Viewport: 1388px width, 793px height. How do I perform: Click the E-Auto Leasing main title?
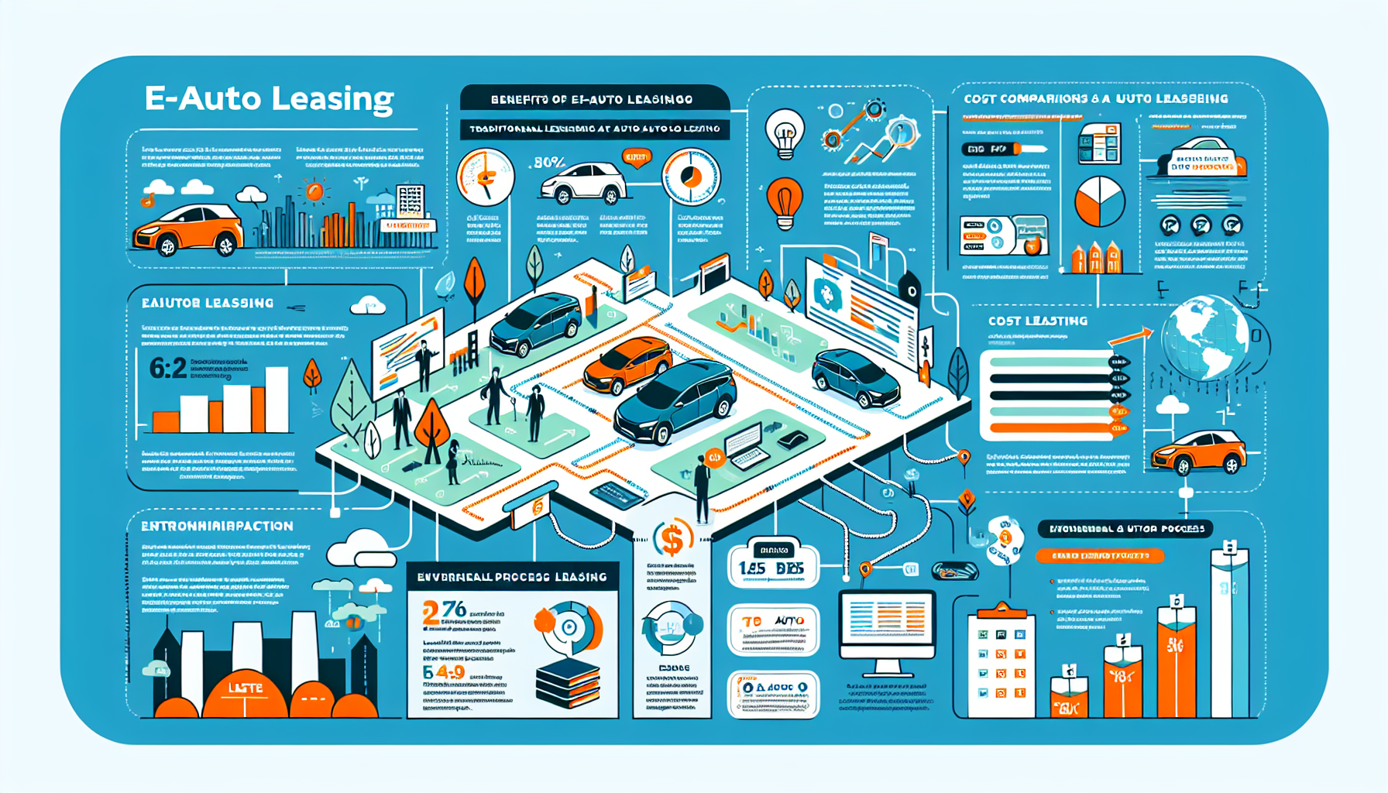tap(269, 99)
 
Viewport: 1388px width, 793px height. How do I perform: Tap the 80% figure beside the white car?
tap(549, 163)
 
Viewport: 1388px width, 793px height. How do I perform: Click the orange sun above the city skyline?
tap(314, 191)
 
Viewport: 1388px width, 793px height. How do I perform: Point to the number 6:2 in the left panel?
tap(168, 368)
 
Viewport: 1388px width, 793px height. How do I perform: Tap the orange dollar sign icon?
tap(672, 538)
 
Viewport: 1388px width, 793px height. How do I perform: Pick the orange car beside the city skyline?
tap(188, 230)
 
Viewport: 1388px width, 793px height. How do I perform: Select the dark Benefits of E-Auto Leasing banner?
tap(593, 99)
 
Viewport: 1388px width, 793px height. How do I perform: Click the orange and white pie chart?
tap(1099, 201)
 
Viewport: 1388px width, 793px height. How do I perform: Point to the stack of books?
tap(568, 681)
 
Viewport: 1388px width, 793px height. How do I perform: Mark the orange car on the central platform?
tap(628, 365)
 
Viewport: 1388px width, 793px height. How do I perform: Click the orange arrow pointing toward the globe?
tap(1130, 337)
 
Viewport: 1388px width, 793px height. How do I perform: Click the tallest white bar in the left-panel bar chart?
tap(277, 400)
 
